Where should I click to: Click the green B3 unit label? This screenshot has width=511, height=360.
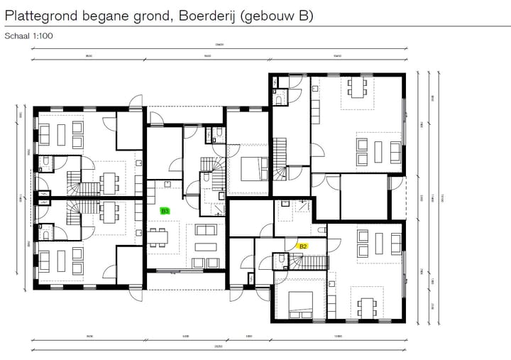[x=165, y=211]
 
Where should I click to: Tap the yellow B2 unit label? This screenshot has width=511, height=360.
[x=302, y=246]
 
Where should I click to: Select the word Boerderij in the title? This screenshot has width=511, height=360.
[x=203, y=15]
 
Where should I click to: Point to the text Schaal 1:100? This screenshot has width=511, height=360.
[x=28, y=35]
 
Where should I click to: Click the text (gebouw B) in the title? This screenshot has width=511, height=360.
[x=278, y=15]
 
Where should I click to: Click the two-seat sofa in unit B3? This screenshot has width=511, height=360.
[x=206, y=230]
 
